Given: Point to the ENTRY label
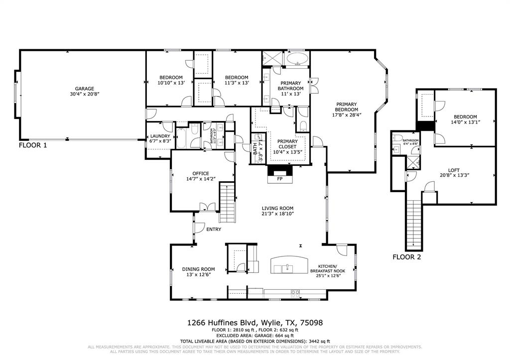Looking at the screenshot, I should pyautogui.click(x=213, y=230).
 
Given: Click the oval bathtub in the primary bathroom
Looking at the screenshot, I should pyautogui.click(x=297, y=58).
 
